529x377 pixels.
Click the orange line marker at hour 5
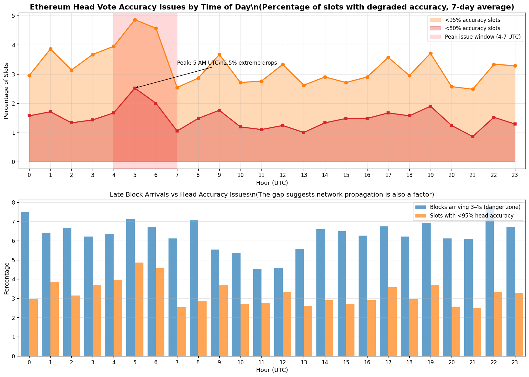[135, 20]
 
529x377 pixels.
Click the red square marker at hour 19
[431, 106]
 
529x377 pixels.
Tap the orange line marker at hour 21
[473, 89]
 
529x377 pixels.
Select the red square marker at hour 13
[304, 133]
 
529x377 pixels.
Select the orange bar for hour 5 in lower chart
[139, 309]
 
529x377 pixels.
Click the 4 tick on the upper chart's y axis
[14, 45]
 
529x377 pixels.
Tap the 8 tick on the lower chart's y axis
[14, 203]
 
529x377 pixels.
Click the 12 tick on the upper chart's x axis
[282, 174]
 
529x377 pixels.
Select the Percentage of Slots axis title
[6, 91]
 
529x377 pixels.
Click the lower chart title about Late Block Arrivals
[272, 194]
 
